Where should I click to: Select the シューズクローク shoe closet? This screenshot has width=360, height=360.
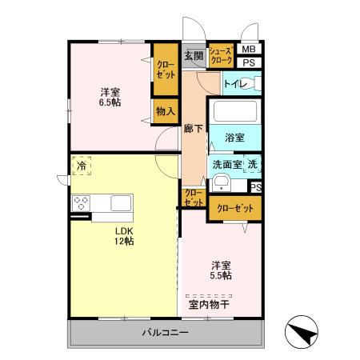[221, 54]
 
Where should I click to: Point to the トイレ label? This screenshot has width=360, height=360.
[234, 83]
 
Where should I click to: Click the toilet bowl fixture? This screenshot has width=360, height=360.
[257, 83]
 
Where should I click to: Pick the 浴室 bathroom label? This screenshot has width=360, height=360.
[234, 138]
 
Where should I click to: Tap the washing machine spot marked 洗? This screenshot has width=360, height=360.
[252, 164]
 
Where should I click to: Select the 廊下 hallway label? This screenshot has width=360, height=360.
[193, 127]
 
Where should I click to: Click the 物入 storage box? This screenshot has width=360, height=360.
[166, 111]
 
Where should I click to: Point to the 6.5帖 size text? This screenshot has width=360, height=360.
[111, 102]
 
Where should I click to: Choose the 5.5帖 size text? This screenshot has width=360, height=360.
[221, 275]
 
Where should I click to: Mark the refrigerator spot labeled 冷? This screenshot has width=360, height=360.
[82, 166]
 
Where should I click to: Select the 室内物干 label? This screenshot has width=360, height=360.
[209, 304]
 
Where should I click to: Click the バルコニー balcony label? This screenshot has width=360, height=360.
[166, 332]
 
